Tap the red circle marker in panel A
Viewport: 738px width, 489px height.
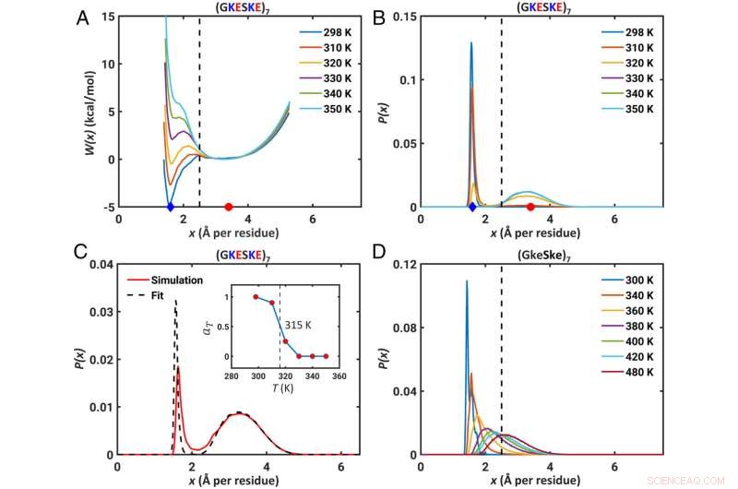(x=229, y=207)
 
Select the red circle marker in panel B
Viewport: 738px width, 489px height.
(x=530, y=207)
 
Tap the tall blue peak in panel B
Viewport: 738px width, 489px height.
(x=470, y=43)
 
